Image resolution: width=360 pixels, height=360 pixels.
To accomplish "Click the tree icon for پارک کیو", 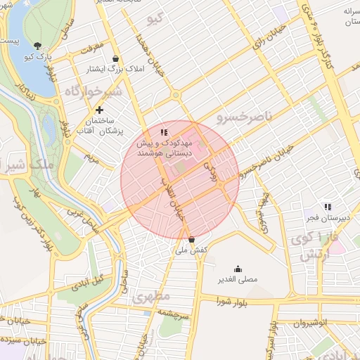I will click(x=32, y=29).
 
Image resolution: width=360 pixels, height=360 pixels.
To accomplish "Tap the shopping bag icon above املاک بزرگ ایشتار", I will click(x=115, y=58).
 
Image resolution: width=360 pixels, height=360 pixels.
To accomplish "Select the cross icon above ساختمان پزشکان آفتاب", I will click(x=99, y=110).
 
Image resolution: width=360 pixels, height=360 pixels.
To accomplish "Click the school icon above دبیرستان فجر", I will click(x=328, y=207).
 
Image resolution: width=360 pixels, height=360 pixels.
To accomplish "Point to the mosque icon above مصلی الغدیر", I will click(x=238, y=268).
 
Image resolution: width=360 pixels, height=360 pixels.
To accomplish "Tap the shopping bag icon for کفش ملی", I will click(x=192, y=239).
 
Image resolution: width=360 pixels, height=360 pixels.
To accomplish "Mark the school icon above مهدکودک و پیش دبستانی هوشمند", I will click(x=163, y=131).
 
